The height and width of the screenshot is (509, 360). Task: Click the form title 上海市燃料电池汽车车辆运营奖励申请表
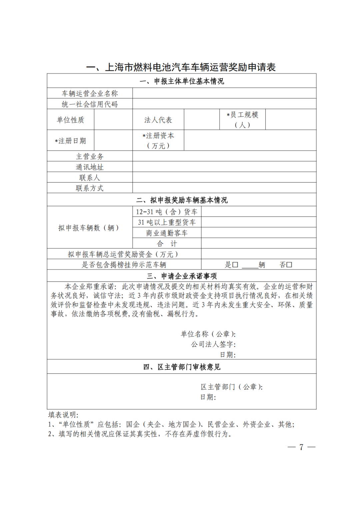tap(181, 67)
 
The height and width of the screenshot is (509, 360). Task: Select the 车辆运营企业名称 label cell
tap(90, 93)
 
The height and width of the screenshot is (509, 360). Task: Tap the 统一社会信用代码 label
tap(90, 104)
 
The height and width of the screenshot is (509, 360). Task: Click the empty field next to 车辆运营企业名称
tap(224, 93)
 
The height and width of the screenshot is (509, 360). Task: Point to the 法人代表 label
tap(158, 120)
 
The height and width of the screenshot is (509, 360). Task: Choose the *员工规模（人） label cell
tap(242, 120)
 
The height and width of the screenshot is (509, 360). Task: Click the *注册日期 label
tap(70, 141)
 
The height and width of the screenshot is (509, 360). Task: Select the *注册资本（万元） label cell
tap(158, 141)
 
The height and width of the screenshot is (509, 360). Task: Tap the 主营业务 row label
tap(90, 156)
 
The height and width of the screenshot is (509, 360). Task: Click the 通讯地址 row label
tap(90, 167)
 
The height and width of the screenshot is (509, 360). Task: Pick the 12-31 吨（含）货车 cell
tap(167, 212)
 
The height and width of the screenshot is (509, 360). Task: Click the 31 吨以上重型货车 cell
tap(167, 222)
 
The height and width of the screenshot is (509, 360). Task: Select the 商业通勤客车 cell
tap(167, 233)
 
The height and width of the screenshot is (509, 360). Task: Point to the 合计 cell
tap(167, 244)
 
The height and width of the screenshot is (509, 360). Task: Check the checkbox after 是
tap(235, 265)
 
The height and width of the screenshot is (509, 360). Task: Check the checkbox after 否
tap(289, 265)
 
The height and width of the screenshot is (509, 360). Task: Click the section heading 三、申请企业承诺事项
tap(182, 276)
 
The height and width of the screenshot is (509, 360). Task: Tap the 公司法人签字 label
tap(213, 344)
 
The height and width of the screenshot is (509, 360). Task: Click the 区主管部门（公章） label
tap(231, 387)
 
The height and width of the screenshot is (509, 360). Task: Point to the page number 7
tap(301, 447)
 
